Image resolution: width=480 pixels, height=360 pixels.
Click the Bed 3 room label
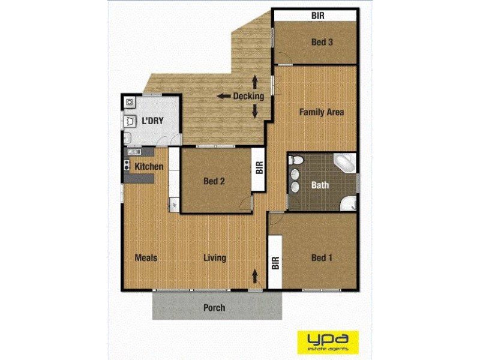[322, 42]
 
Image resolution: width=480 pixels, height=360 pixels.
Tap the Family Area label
[322, 112]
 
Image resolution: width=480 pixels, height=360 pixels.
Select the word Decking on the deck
[248, 96]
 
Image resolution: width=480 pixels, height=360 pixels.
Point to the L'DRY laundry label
[152, 121]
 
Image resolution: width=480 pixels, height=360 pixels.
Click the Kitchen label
[149, 166]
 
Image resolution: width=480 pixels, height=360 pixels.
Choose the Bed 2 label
[214, 182]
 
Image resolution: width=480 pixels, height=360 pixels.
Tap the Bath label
[320, 185]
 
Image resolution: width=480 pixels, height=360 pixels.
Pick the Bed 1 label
[322, 258]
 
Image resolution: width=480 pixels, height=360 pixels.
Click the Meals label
[146, 258]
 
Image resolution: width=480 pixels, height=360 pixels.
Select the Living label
[214, 258]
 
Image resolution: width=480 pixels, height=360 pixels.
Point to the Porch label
[214, 308]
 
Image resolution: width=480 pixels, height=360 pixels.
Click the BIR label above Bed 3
[318, 16]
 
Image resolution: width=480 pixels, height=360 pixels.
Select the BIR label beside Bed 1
[275, 263]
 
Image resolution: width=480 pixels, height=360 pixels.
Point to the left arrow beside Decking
[224, 96]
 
